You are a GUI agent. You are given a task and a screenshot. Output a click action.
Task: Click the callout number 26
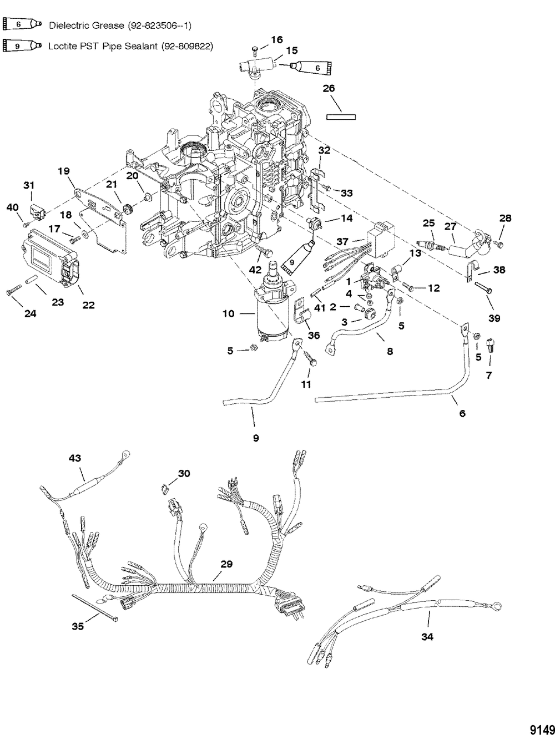[x=329, y=88]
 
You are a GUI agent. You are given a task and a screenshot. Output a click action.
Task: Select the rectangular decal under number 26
[x=340, y=116]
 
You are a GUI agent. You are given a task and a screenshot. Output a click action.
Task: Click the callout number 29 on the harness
[x=226, y=564]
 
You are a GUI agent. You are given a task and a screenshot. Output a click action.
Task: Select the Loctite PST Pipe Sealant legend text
[x=130, y=46]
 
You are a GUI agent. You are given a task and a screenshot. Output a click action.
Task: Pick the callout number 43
[x=74, y=458]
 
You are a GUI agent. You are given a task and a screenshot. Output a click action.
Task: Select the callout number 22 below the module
[x=88, y=305]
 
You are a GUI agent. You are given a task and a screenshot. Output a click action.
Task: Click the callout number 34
[x=426, y=637]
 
